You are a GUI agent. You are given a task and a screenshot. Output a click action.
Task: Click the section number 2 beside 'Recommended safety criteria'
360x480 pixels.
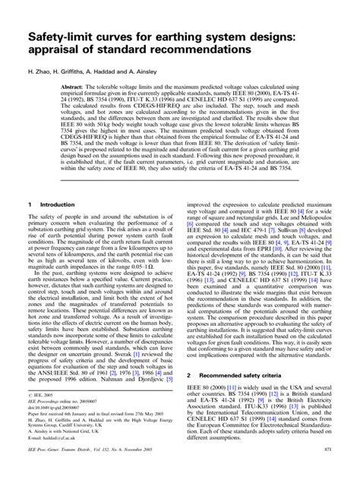pos(188,374)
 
